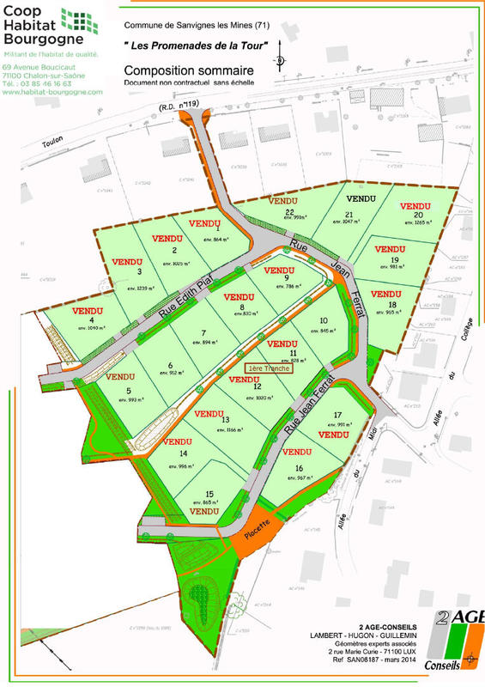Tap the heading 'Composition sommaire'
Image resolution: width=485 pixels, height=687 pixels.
pyautogui.click(x=188, y=70)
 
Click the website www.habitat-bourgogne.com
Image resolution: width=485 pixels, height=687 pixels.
pyautogui.click(x=52, y=92)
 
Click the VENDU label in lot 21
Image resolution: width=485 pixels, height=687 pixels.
pyautogui.click(x=361, y=198)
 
